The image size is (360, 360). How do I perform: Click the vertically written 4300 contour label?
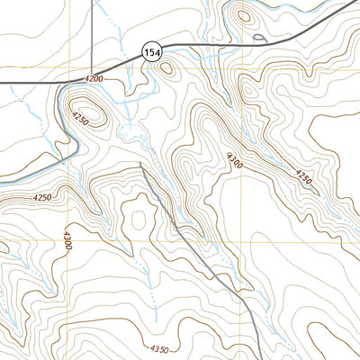click(67, 240)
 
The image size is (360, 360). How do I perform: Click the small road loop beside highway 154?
click(260, 38)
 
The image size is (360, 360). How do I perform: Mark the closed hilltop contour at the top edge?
click(242, 15)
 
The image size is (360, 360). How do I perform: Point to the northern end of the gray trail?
click(141, 165)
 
